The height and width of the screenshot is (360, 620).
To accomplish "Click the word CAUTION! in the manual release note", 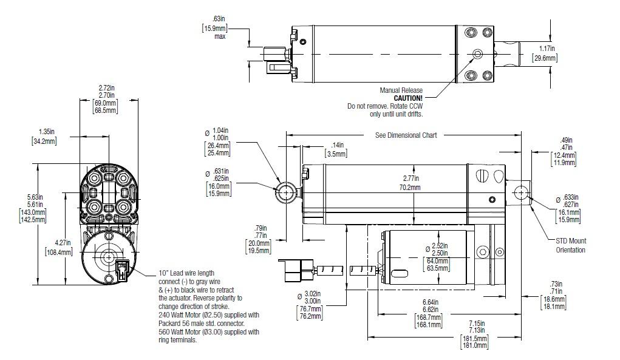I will (407, 98).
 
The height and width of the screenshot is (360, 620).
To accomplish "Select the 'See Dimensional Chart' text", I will (406, 135).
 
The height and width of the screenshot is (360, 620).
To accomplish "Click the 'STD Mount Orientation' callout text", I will (571, 245).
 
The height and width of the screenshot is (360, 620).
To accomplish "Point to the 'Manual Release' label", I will (401, 90).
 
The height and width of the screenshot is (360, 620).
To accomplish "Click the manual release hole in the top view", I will (478, 55).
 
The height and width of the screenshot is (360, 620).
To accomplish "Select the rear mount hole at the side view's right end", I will (520, 192).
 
